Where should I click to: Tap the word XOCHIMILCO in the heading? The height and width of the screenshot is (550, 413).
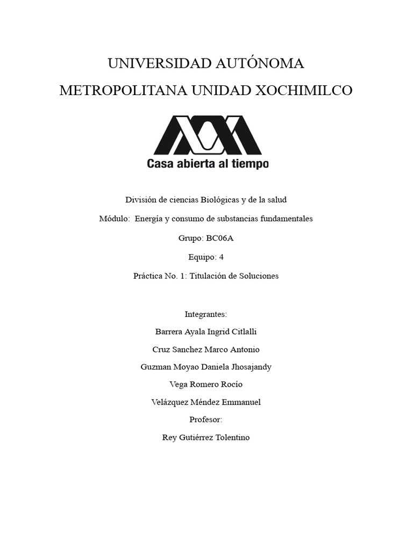pyautogui.click(x=303, y=90)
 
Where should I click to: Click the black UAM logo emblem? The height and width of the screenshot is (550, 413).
pyautogui.click(x=208, y=135)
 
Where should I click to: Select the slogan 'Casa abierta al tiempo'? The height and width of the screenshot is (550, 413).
pyautogui.click(x=208, y=164)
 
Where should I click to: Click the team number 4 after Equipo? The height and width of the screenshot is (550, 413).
pyautogui.click(x=221, y=257)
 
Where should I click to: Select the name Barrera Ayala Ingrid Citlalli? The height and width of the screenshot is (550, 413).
pyautogui.click(x=206, y=332)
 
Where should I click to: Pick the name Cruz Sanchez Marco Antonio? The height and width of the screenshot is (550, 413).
pyautogui.click(x=206, y=350)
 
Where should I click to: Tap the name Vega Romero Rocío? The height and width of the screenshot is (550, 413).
pyautogui.click(x=206, y=385)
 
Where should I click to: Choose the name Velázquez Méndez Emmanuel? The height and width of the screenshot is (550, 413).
pyautogui.click(x=206, y=402)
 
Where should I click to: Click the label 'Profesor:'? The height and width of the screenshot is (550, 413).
pyautogui.click(x=206, y=419)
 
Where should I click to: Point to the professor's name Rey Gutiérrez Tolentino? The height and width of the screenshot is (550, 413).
pyautogui.click(x=206, y=437)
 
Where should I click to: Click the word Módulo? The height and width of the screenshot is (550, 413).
pyautogui.click(x=115, y=219)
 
